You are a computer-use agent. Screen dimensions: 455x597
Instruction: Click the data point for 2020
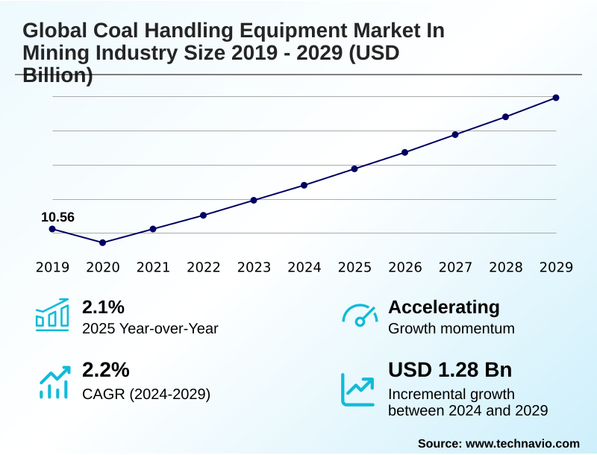[x=103, y=242]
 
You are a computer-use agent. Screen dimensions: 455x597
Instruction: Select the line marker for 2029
[x=556, y=98]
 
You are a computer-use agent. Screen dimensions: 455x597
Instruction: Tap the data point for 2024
[x=304, y=185]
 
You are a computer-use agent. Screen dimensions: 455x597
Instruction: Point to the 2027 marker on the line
[x=455, y=134]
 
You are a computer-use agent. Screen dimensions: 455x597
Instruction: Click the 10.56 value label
[x=57, y=217]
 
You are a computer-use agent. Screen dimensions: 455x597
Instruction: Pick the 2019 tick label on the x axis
[x=52, y=267]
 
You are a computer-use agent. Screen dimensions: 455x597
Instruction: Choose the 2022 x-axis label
[x=204, y=267]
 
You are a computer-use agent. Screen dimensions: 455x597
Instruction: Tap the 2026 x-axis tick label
[x=405, y=267]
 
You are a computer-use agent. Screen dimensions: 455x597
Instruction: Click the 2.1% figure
[x=103, y=307]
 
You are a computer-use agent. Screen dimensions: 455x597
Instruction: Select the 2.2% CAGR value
[x=105, y=370]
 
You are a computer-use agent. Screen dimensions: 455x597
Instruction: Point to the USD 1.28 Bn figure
[x=450, y=370]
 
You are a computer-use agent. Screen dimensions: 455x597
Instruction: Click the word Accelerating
[x=444, y=307]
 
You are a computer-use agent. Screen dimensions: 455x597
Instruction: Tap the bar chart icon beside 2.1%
[x=52, y=315]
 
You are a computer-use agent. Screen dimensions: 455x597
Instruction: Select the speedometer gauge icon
[x=359, y=315]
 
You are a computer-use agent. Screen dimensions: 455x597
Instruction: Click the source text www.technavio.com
[x=522, y=443]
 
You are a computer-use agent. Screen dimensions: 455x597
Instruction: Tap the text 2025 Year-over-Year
[x=150, y=328]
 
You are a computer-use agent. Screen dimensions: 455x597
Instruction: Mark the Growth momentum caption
[x=451, y=328]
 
